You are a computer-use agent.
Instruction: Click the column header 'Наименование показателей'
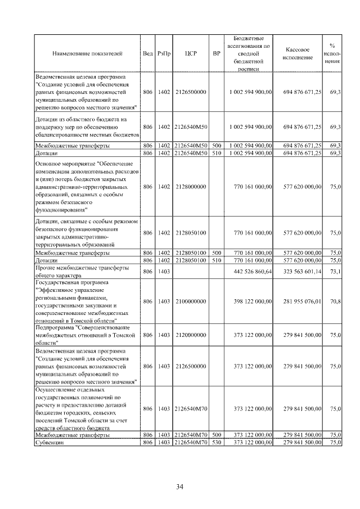click(87, 54)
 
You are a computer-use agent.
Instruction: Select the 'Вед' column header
click(147, 54)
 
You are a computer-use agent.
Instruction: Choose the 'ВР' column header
click(217, 54)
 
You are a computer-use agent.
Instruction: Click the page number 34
click(180, 487)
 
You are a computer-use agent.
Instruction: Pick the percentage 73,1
click(335, 272)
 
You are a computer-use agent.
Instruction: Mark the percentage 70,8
click(335, 301)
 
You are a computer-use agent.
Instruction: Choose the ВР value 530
click(217, 443)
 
